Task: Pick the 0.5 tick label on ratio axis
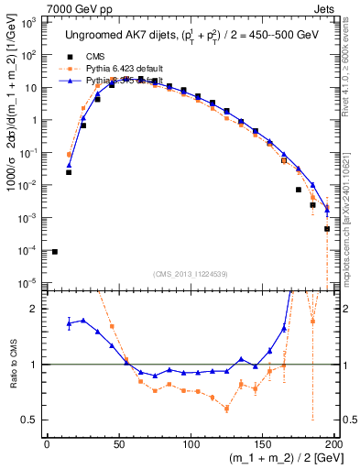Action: pos(32,420)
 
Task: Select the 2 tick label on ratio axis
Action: pos(37,309)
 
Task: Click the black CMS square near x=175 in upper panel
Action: pos(299,190)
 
